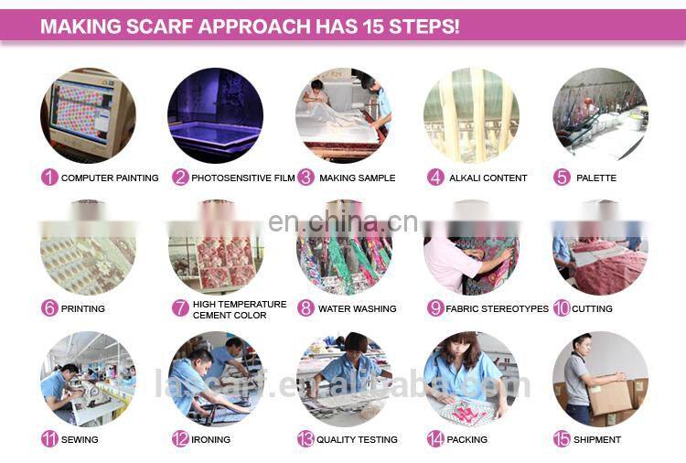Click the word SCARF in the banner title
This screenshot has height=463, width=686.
tap(159, 27)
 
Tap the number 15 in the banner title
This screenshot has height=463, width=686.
tap(373, 27)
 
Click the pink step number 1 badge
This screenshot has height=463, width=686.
tap(49, 178)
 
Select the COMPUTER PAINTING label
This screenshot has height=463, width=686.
tap(110, 178)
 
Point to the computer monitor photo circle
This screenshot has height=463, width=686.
tap(88, 115)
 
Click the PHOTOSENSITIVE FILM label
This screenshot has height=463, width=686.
tap(242, 178)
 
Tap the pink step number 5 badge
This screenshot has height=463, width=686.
tap(562, 178)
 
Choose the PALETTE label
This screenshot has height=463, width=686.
tap(596, 178)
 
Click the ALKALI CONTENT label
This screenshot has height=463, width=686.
tap(488, 178)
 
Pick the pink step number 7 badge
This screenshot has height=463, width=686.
tap(180, 307)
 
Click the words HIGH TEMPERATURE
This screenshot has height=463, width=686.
tap(240, 304)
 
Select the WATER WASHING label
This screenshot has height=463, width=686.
tap(358, 309)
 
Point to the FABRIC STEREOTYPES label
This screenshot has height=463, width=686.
tap(497, 309)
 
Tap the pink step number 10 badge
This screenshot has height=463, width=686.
tap(562, 308)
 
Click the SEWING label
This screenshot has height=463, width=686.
tap(80, 439)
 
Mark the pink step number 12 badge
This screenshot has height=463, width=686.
tap(180, 439)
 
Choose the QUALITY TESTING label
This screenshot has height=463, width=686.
tap(357, 439)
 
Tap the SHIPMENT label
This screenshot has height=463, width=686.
tap(597, 439)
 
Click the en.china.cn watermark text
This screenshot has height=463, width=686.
tap(343, 221)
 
